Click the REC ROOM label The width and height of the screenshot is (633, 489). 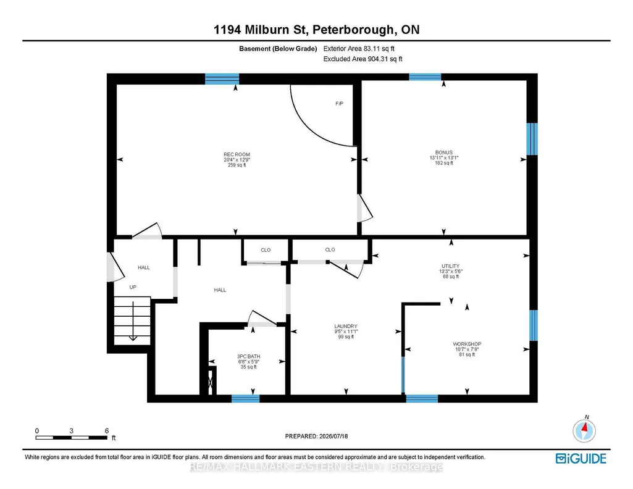point(237,154)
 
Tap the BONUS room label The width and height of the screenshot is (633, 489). point(443,153)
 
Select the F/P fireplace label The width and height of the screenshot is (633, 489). point(339,104)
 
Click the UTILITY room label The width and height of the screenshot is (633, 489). point(451,266)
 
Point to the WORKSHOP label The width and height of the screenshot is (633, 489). point(467,344)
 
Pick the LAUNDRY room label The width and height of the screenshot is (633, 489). point(346,327)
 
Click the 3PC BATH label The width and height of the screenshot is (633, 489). point(249,357)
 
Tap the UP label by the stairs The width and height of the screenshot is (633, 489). point(133,287)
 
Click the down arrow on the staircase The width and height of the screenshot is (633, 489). point(133,321)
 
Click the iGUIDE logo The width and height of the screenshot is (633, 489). point(581,459)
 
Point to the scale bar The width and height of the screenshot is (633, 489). point(72,437)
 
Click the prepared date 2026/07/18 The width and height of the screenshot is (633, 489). point(333,436)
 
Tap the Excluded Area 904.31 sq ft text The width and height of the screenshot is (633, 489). point(363,59)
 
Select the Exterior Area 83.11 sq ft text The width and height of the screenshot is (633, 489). point(359,49)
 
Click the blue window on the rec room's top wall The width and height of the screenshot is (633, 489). point(222,78)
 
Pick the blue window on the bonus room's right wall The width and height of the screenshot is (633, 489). point(532,139)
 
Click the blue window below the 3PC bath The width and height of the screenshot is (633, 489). point(245,399)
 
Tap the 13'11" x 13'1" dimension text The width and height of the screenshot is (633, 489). point(444,158)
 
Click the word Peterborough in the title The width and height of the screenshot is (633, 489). point(354,30)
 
